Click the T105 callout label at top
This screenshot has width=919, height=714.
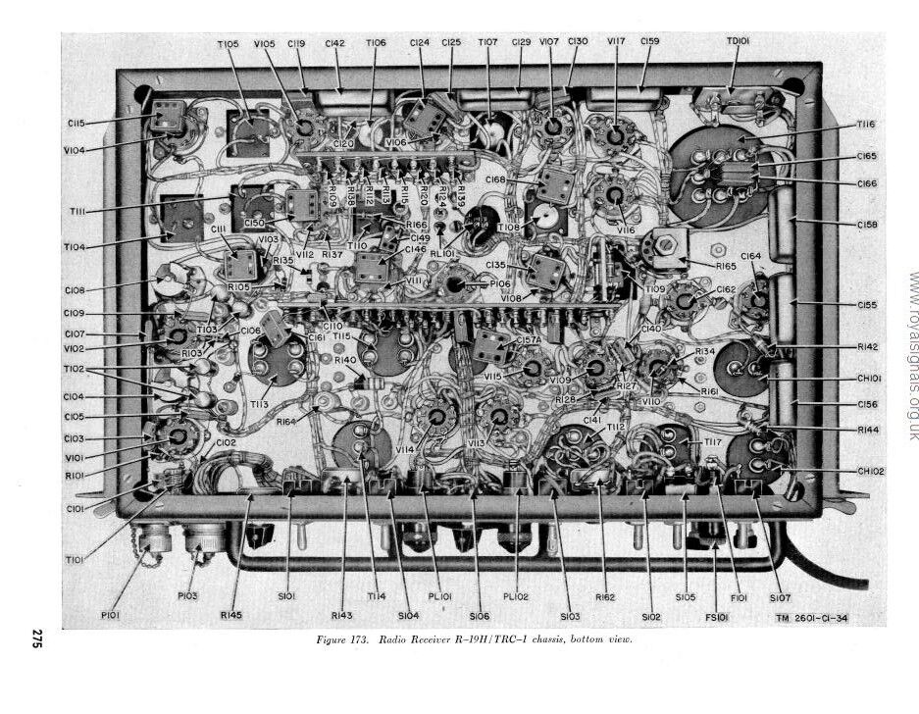pos(228,44)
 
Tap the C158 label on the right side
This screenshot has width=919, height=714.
pos(866,225)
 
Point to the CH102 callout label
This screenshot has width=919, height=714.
pos(871,471)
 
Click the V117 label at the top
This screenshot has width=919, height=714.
pos(616,43)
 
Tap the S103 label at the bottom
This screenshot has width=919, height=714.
pos(570,616)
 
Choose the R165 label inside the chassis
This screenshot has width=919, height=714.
pos(726,266)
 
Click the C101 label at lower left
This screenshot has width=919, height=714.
pos(76,481)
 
